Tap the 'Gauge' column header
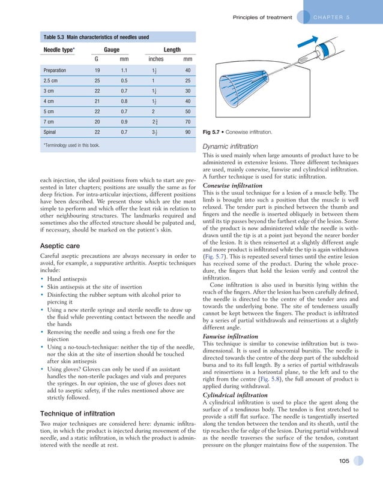coord(112,49)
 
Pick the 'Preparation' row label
coord(55,70)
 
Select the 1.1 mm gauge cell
coord(124,70)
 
